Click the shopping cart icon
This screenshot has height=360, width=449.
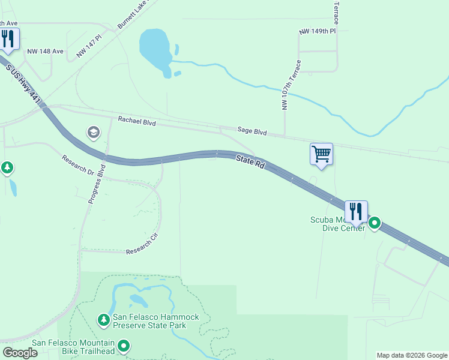pos(321,154)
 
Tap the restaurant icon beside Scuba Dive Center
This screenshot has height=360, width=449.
pos(356,212)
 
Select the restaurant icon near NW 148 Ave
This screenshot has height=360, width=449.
pos(8,39)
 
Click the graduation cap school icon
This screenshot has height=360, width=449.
pos(94,132)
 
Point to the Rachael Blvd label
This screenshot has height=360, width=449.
pos(137,122)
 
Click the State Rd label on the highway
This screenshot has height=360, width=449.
pos(250,161)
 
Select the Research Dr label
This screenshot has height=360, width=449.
pos(78,166)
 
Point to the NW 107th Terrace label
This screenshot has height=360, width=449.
pos(290,85)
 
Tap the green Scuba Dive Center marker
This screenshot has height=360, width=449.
pos(375,223)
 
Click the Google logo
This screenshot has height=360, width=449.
pos(20,353)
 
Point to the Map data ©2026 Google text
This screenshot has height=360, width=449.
pos(412,355)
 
